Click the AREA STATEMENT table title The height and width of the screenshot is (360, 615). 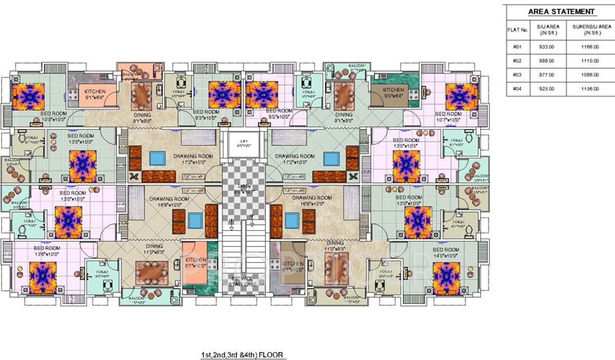click(561, 12)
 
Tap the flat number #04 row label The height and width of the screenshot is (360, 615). click(517, 89)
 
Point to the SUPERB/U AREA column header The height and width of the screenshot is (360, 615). click(592, 30)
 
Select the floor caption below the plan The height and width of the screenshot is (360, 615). click(243, 354)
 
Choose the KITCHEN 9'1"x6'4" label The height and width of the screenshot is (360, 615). click(95, 94)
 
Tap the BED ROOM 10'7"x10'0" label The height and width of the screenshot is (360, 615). click(447, 117)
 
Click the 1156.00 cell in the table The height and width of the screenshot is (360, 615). click(589, 89)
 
